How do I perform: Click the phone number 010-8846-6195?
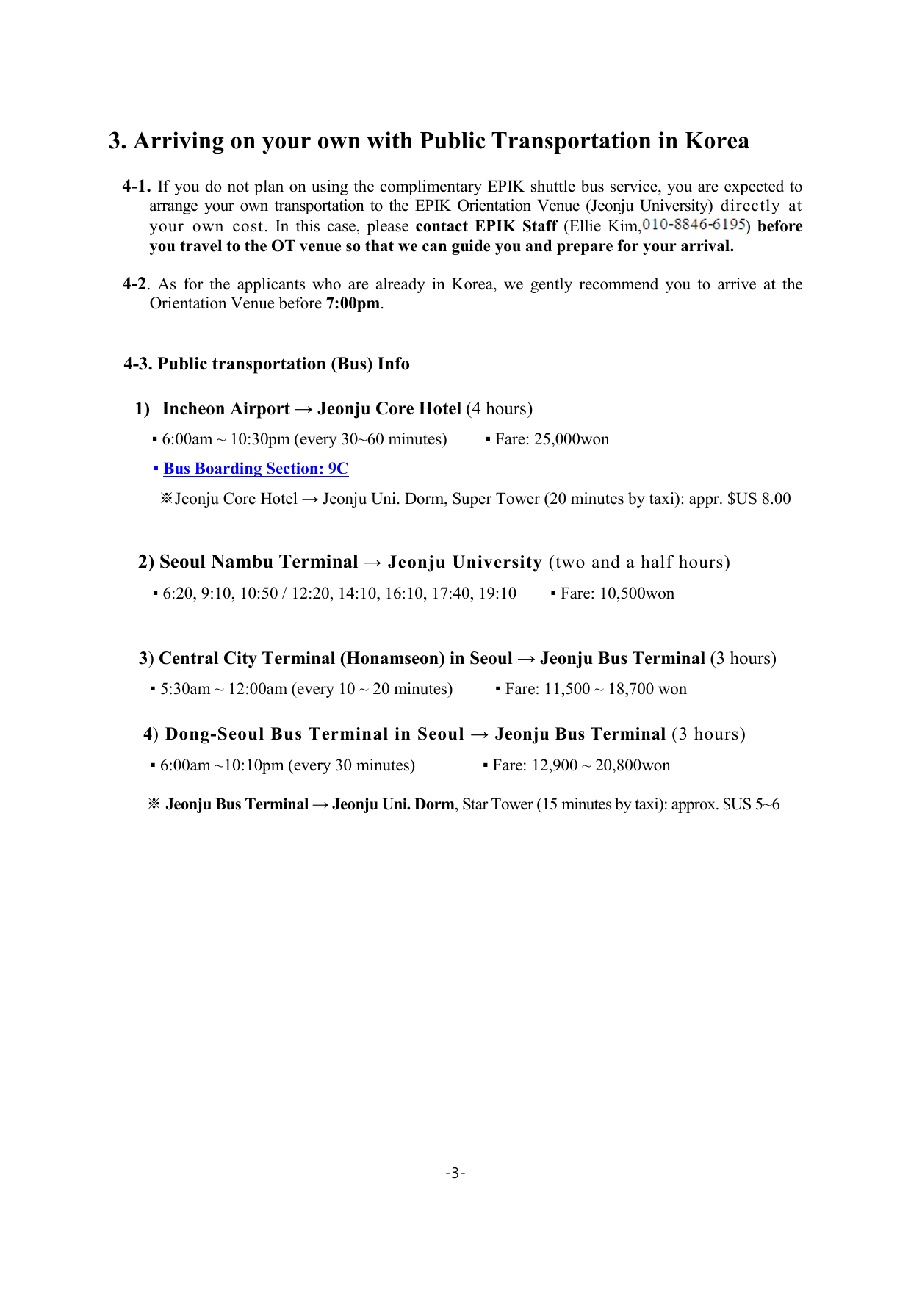(694, 225)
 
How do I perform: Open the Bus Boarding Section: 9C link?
(256, 469)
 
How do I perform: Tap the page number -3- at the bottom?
(455, 1173)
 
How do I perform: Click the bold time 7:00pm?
(353, 303)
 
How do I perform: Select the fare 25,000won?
(572, 439)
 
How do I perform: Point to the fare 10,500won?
(636, 593)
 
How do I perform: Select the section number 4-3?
(137, 364)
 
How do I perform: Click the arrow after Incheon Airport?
(303, 409)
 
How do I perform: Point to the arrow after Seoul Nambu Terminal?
(372, 562)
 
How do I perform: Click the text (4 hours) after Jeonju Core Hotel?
(499, 409)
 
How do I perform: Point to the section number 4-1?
(137, 187)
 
